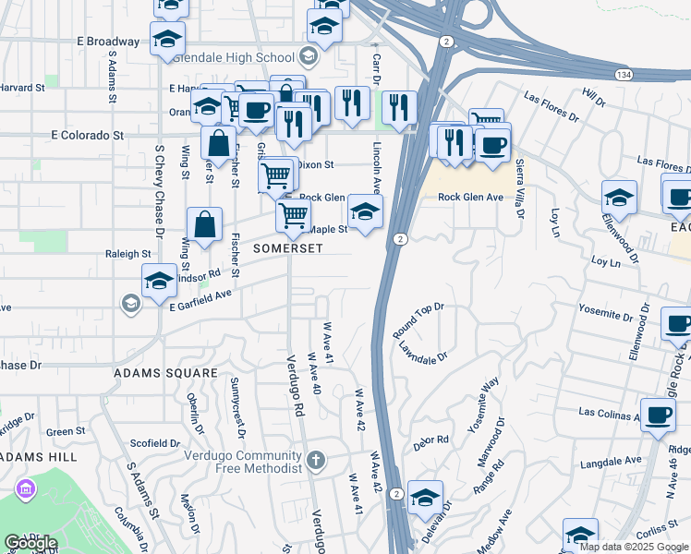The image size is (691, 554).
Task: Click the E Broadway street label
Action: (108, 42)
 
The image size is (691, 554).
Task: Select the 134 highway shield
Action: (624, 72)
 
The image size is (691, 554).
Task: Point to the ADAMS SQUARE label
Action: (165, 373)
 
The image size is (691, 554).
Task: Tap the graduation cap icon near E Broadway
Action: (167, 39)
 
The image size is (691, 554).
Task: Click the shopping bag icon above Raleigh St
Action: (204, 224)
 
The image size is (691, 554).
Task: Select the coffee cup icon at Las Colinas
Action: (657, 415)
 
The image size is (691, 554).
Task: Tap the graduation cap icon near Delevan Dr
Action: (425, 497)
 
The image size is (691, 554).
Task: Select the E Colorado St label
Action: (88, 135)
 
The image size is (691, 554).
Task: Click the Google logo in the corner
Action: (31, 543)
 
